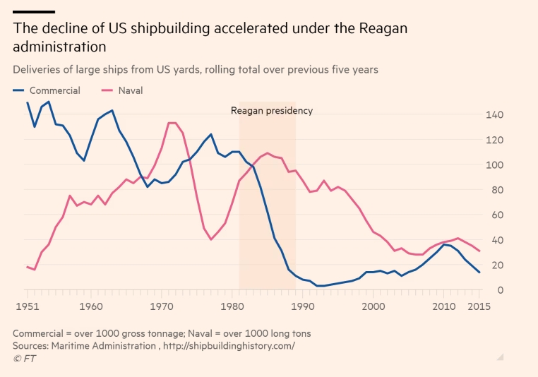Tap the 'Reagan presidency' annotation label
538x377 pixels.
point(272,111)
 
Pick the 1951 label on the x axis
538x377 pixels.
point(28,306)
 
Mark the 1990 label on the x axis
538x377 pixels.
point(302,306)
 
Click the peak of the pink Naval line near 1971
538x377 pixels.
point(171,123)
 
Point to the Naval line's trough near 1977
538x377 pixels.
point(211,239)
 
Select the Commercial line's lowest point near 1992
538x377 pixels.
point(319,286)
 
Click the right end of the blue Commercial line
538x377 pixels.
point(479,273)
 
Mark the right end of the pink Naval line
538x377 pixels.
point(479,251)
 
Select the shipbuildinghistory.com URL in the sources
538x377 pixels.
point(229,345)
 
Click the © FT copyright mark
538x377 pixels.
point(25,359)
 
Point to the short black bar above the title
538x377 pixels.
point(34,12)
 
